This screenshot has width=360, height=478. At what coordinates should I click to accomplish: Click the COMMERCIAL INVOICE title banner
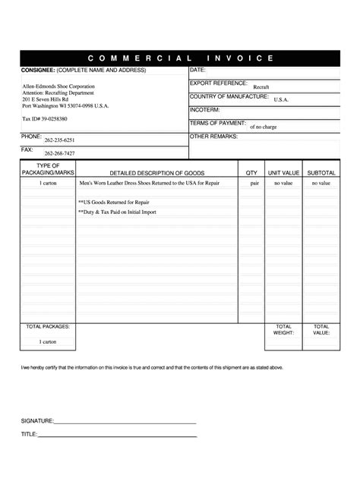pyautogui.click(x=180, y=58)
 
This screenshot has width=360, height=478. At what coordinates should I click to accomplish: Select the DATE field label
pyautogui.click(x=198, y=71)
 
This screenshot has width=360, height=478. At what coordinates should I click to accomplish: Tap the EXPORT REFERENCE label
pyautogui.click(x=218, y=83)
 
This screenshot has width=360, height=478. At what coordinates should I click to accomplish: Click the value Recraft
pyautogui.click(x=261, y=87)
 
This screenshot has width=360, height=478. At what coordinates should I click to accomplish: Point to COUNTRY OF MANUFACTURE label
pyautogui.click(x=229, y=96)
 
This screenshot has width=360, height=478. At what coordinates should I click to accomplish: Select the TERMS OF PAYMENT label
pyautogui.click(x=217, y=122)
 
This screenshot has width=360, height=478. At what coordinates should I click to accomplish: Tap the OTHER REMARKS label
pyautogui.click(x=213, y=137)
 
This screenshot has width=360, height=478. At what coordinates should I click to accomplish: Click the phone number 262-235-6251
pyautogui.click(x=58, y=141)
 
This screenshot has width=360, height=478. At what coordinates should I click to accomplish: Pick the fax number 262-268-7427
pyautogui.click(x=58, y=154)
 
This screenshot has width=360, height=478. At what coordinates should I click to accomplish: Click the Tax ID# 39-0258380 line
pyautogui.click(x=45, y=119)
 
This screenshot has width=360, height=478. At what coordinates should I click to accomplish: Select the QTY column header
pyautogui.click(x=251, y=173)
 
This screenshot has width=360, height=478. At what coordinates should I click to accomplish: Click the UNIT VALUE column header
pyautogui.click(x=283, y=173)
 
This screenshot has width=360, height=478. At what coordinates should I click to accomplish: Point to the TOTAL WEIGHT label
pyautogui.click(x=283, y=329)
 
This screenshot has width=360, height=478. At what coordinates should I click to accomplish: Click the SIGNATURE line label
pyautogui.click(x=36, y=420)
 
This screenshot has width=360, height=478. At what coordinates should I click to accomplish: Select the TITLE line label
pyautogui.click(x=29, y=435)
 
